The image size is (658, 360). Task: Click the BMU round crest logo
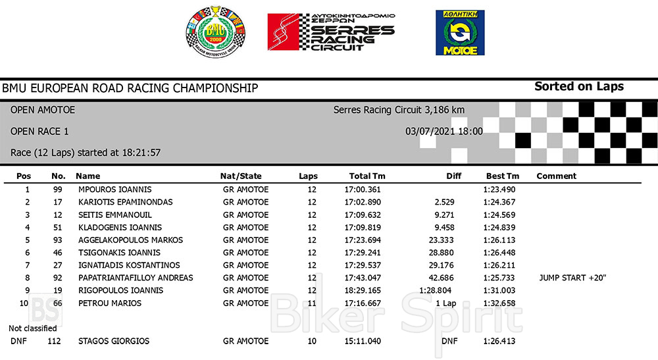click(x=215, y=31)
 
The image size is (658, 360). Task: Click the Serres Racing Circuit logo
click(x=331, y=31)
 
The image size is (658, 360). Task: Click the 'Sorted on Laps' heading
click(x=578, y=86)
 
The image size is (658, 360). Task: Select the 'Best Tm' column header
click(x=502, y=176)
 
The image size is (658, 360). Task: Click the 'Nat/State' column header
click(x=240, y=176)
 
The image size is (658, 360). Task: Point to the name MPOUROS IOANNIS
click(x=114, y=190)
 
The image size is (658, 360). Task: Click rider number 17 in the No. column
click(x=58, y=202)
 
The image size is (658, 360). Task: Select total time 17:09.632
click(x=363, y=215)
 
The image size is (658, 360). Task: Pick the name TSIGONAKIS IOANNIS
click(x=119, y=253)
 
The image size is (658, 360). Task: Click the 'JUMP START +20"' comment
click(x=572, y=278)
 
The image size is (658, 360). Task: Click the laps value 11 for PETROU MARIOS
click(x=312, y=303)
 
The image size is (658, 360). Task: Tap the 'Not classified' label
click(x=32, y=328)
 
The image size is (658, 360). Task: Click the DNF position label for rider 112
click(x=18, y=342)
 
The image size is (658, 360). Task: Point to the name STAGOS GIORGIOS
click(x=113, y=342)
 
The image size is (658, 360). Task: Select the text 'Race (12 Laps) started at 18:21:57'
click(x=86, y=153)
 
